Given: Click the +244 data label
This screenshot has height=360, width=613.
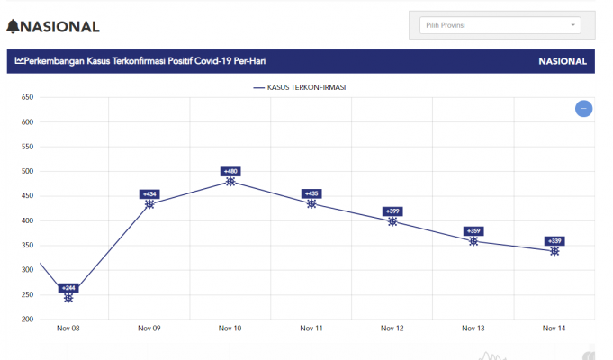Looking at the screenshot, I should point(68,288).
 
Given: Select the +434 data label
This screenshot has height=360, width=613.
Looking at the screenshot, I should point(149,194).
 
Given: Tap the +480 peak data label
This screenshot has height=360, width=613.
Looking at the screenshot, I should point(230,171).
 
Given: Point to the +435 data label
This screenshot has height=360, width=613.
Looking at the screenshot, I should point(311,193).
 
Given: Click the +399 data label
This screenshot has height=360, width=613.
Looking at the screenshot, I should point(392,211).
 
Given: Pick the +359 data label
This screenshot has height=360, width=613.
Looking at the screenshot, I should point(473,231).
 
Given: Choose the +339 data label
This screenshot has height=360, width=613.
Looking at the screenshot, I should point(554,241).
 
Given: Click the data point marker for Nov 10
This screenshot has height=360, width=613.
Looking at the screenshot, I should point(230,182).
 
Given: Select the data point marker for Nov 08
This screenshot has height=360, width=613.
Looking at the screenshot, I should point(68,298).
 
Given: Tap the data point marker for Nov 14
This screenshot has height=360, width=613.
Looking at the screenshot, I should point(554,251).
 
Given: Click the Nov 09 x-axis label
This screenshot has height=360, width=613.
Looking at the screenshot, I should point(149,328).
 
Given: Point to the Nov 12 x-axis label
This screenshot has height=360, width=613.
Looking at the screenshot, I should point(392,328).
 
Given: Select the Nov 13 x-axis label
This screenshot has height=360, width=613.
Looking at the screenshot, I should point(473,328).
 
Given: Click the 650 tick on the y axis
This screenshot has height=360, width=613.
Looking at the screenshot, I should point(27,97).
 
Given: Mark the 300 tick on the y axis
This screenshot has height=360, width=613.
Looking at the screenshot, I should point(27,270).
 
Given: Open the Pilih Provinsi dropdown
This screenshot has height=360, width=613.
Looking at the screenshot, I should point(500,25).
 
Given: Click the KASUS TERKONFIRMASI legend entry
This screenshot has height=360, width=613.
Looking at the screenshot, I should point(301,87).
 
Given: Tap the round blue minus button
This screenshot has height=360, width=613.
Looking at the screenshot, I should point(583,109).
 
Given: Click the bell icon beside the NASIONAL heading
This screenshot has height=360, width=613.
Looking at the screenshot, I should point(13,27).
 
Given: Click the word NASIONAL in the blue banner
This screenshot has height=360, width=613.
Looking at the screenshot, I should point(563,62).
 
